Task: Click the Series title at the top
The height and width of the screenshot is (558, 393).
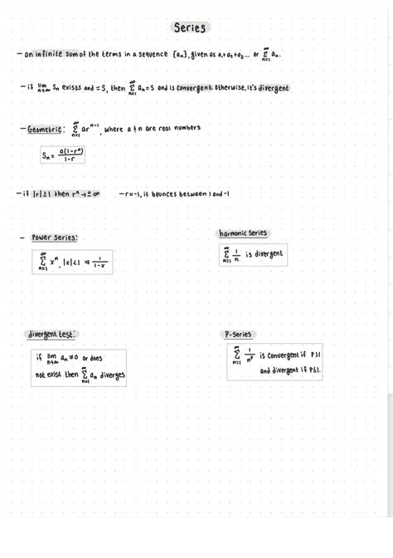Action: coord(190,27)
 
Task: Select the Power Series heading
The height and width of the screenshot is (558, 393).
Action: coord(54,237)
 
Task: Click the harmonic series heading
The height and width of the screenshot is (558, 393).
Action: coord(242,233)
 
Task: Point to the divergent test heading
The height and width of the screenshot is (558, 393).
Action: coord(51,334)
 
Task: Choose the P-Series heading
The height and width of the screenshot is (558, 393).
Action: coord(239,334)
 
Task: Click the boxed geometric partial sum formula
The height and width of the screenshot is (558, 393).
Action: coord(63,155)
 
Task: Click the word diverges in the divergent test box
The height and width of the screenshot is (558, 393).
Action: coord(109,375)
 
